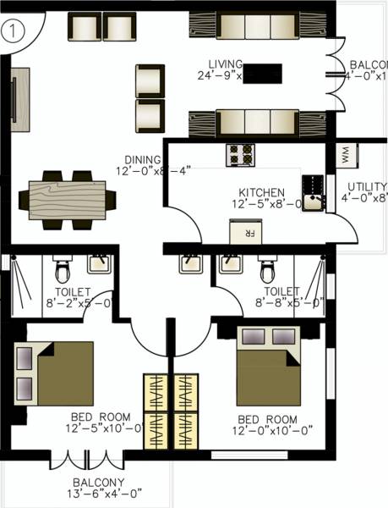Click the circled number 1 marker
13,32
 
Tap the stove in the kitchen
240,155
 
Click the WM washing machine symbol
347,156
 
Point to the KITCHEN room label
261,192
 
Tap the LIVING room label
228,64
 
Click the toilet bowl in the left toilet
62,271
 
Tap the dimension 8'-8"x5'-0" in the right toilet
288,302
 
